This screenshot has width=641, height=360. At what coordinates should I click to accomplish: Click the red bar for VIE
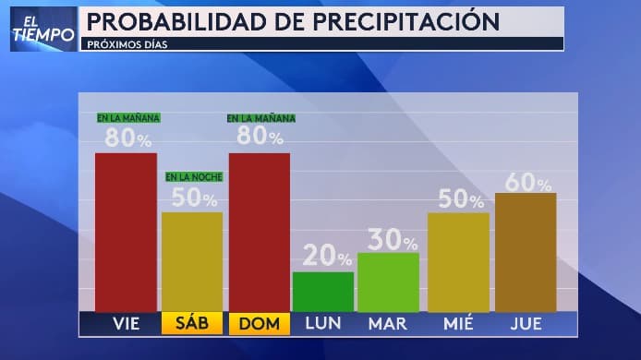click(x=126, y=232)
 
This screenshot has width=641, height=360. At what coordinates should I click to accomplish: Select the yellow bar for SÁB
click(x=192, y=262)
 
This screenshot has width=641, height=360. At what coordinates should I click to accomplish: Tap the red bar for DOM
click(x=259, y=232)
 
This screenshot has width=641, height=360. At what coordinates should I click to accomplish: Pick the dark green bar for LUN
click(x=322, y=292)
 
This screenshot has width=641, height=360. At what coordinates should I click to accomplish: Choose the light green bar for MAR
click(x=388, y=282)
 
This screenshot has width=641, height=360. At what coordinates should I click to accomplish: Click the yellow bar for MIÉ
click(x=458, y=262)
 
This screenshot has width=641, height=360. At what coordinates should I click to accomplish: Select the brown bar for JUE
click(x=526, y=252)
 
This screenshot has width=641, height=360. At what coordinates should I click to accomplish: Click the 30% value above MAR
click(x=392, y=240)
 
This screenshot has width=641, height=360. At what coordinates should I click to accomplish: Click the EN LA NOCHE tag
click(x=194, y=176)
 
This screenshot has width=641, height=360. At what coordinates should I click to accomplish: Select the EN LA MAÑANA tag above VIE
click(x=128, y=118)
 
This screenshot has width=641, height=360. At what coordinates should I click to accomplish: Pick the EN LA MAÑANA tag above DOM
click(x=261, y=118)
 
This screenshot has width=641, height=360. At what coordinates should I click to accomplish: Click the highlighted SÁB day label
click(x=192, y=324)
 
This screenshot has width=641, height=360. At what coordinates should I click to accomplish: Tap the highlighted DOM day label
click(x=259, y=324)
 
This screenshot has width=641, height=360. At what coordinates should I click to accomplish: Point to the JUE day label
click(x=526, y=324)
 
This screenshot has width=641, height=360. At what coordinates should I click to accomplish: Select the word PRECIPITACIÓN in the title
click(x=401, y=21)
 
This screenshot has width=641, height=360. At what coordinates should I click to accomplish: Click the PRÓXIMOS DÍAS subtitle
click(x=129, y=43)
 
